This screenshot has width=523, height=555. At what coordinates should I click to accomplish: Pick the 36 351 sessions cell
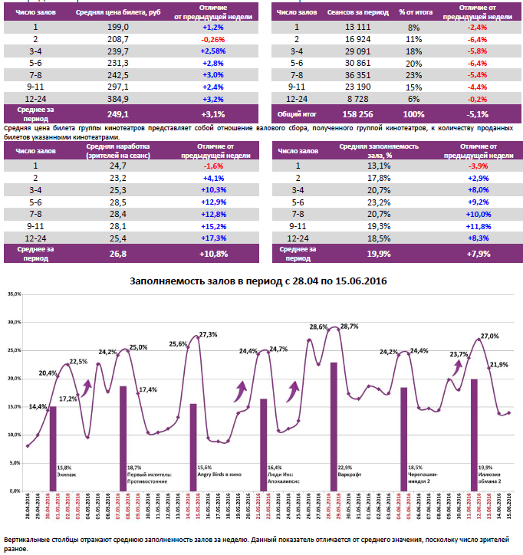click(350, 75)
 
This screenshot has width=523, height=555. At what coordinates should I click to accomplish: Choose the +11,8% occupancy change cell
click(479, 226)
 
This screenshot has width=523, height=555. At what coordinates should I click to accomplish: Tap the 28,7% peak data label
click(348, 327)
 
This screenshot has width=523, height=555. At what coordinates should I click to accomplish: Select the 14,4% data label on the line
click(38, 407)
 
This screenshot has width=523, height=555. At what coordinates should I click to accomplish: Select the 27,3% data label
click(208, 334)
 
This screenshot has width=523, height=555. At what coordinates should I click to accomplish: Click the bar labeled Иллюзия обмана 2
click(474, 434)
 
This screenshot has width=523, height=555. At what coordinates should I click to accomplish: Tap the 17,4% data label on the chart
click(148, 389)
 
